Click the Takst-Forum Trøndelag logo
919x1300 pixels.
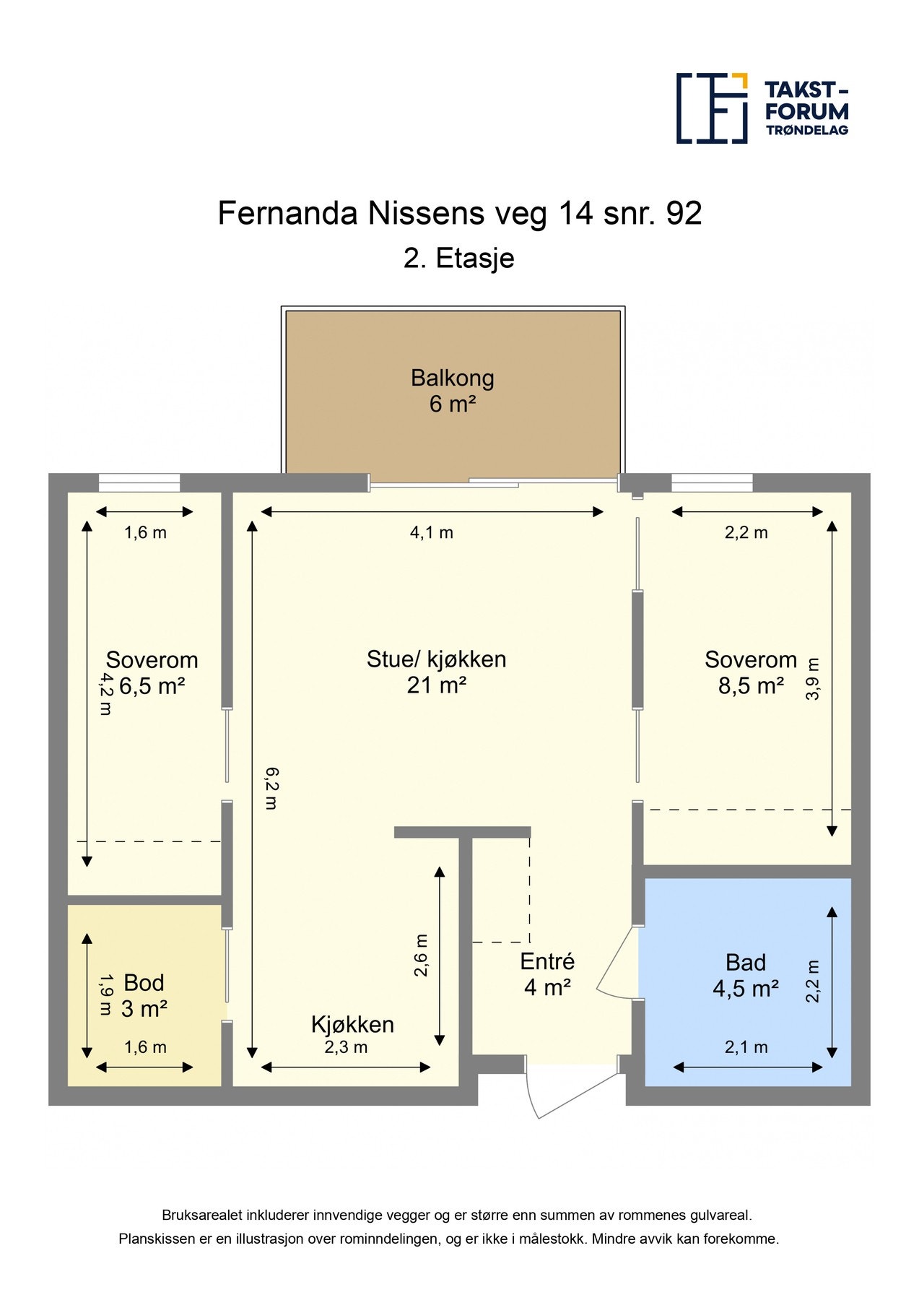point(762,108)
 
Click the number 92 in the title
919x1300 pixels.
point(683,214)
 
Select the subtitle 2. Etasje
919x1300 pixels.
point(458,259)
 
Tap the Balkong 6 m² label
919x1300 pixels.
point(453,391)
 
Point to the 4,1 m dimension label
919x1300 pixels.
point(431,533)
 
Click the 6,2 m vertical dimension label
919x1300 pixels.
point(271,788)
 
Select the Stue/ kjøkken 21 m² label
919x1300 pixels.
point(436,672)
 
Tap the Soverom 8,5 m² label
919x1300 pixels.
point(751,672)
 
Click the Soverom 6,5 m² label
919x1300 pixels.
point(152,672)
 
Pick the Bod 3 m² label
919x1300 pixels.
point(144,995)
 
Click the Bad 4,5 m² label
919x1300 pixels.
point(745,975)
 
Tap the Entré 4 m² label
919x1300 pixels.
point(547,974)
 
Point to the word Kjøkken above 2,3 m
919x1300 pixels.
point(352,1024)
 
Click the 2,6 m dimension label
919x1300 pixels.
point(421,955)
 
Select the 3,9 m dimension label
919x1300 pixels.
point(813,679)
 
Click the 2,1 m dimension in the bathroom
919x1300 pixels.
point(746,1047)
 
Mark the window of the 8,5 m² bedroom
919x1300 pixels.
point(711,482)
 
